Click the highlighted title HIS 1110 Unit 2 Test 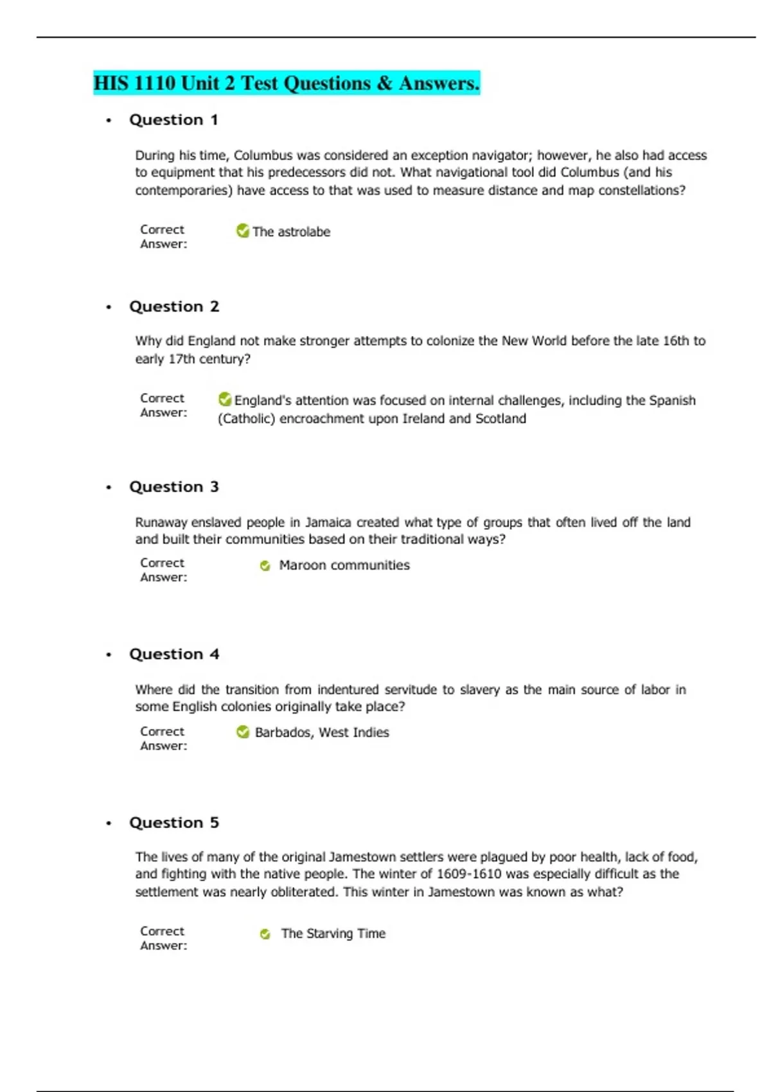(x=286, y=83)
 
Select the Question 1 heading (x=173, y=120)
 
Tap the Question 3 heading (x=173, y=487)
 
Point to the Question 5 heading (x=173, y=823)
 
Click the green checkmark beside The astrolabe (x=243, y=231)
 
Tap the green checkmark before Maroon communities (x=265, y=566)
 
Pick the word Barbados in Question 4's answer (x=283, y=732)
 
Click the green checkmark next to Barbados (x=243, y=732)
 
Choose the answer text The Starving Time (x=333, y=933)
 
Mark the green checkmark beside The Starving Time (x=265, y=934)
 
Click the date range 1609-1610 (x=460, y=874)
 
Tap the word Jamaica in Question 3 (x=328, y=522)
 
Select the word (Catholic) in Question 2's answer (x=247, y=419)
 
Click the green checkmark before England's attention (x=225, y=400)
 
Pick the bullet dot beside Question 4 (x=109, y=655)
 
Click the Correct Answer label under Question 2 (x=163, y=405)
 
